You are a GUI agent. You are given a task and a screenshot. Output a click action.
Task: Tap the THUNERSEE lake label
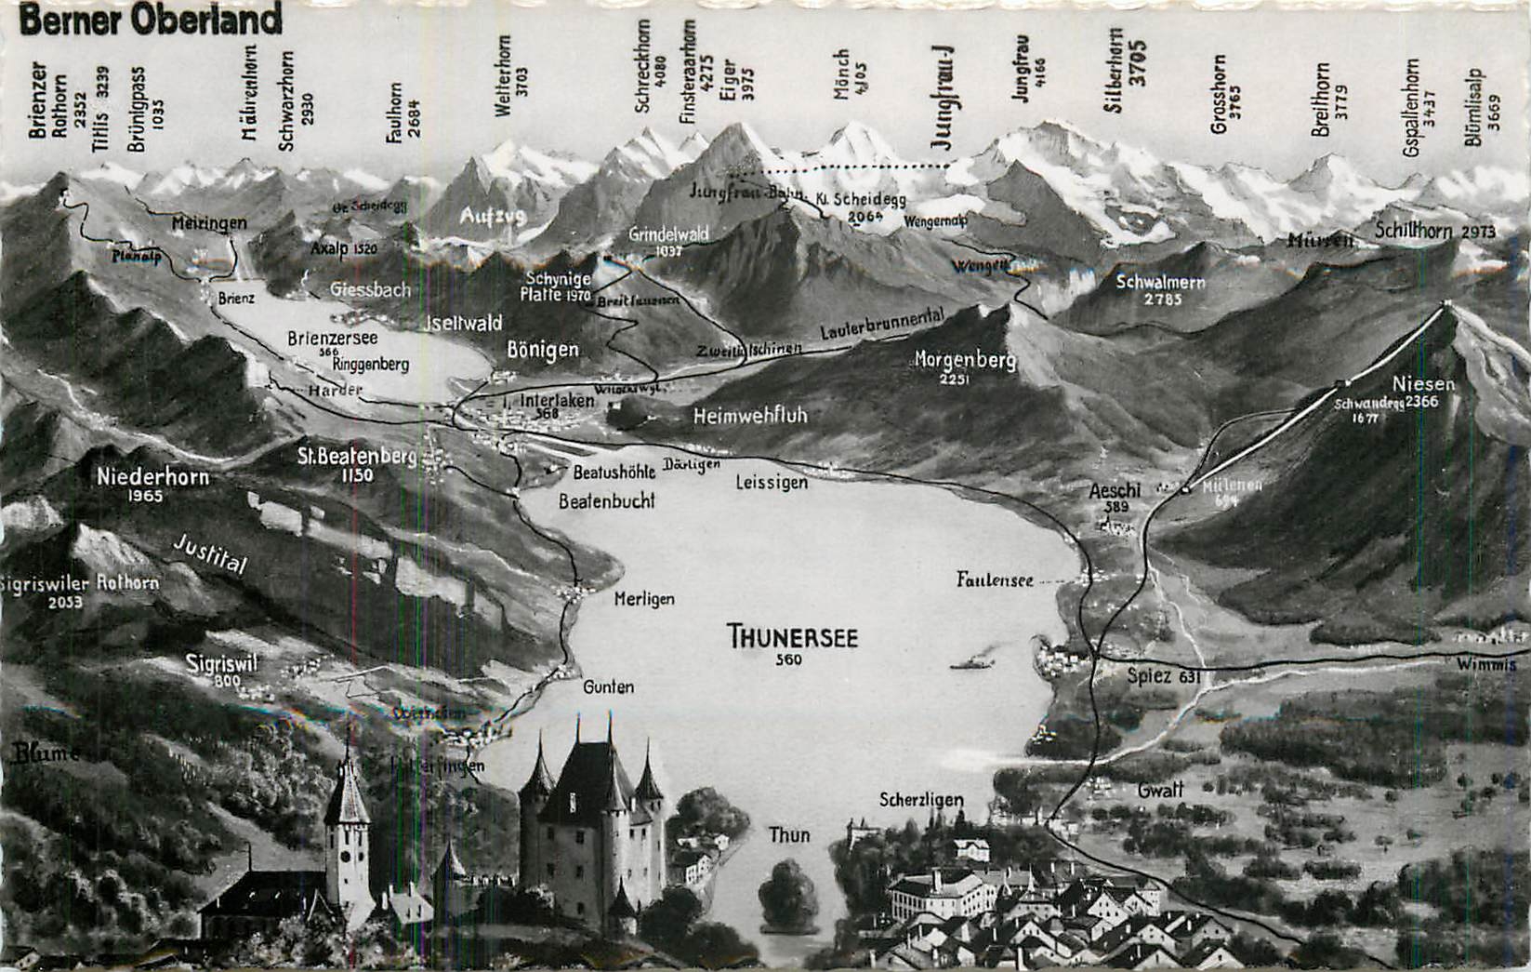793,639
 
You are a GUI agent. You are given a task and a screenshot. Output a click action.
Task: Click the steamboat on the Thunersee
972,662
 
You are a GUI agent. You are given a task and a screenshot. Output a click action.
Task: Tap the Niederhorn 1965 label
152,484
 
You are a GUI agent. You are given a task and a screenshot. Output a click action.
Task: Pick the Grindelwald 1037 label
668,239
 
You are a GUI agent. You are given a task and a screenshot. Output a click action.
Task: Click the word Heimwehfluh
750,416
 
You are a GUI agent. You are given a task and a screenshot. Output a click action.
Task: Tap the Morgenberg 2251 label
964,365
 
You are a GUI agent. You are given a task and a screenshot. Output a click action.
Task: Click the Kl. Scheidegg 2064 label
855,205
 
